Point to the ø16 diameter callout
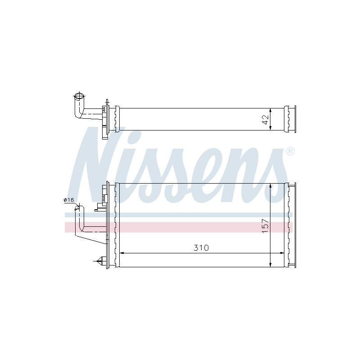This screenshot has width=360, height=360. point(69,199)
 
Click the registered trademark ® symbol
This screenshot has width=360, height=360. point(290,151)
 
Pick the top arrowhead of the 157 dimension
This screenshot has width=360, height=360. point(270,185)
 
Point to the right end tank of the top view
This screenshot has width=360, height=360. point(290,119)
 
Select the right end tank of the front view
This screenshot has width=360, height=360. point(290,225)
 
